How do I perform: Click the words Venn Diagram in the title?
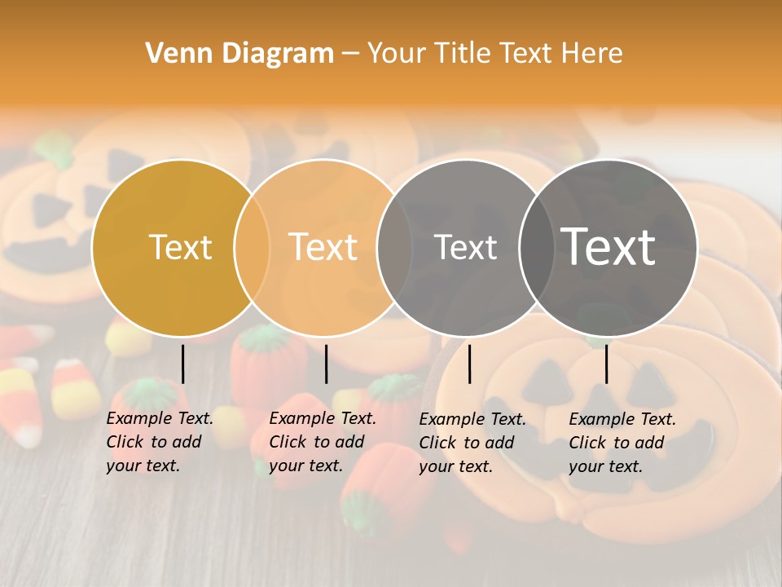239,54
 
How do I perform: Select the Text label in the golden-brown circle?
180,247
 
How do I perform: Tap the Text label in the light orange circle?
323,247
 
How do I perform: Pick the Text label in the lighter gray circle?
465,247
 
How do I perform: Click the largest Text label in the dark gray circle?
608,247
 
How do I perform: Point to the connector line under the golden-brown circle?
182,364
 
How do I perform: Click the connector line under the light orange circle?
326,364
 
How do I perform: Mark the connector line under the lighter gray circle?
469,364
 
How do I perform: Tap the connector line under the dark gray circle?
607,364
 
